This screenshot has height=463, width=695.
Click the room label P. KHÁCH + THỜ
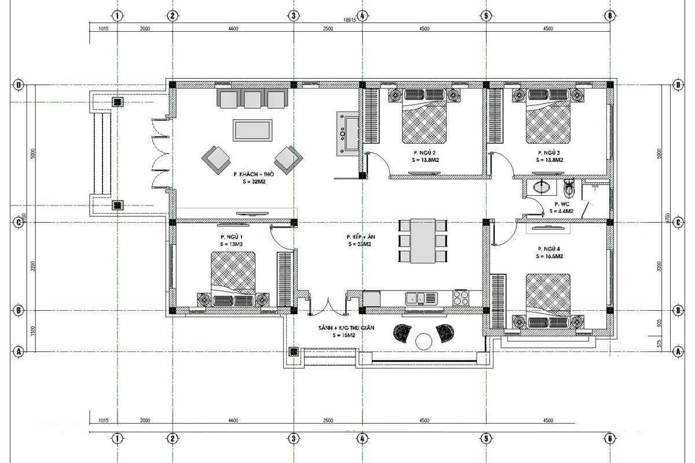253,174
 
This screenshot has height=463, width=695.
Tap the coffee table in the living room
252,130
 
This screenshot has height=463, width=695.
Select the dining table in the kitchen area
423,240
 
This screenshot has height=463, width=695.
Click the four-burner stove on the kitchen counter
461,298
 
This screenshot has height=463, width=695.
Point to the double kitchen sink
423,298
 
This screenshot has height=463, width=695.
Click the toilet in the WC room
569,188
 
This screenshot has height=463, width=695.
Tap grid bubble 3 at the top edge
294,16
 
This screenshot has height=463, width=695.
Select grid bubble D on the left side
19,85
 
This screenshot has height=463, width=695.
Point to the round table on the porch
424,341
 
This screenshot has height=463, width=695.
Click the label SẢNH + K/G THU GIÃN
346,328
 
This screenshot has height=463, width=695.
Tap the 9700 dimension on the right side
668,220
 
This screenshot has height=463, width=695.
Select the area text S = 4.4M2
561,211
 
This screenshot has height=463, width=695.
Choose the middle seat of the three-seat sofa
253,99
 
